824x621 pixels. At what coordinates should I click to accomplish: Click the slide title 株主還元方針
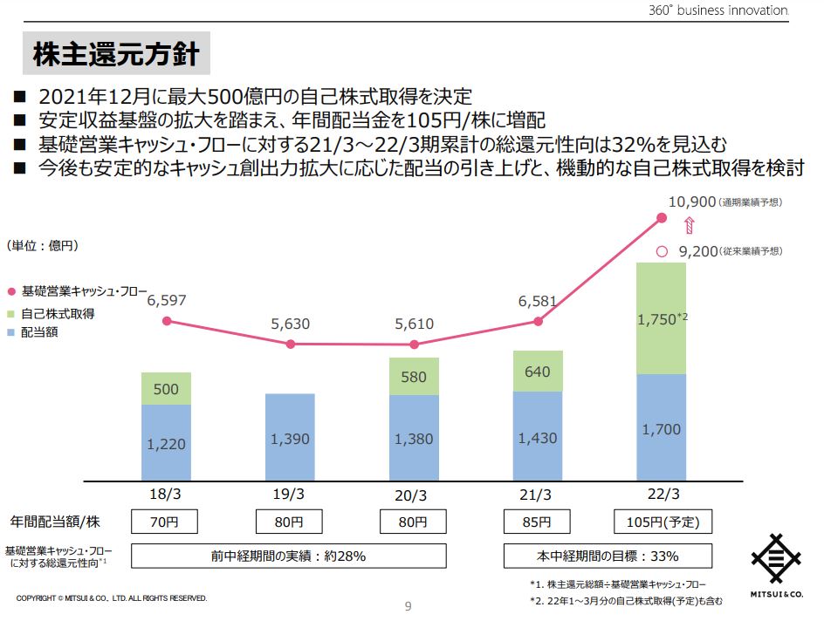pyautogui.click(x=116, y=54)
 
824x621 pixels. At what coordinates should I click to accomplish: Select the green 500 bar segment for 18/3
pyautogui.click(x=166, y=389)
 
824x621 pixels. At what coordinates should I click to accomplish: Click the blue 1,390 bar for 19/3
pyautogui.click(x=290, y=438)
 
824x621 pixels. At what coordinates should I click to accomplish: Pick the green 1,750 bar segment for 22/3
pyautogui.click(x=661, y=318)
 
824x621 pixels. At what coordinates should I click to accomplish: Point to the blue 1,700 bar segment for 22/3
pyautogui.click(x=661, y=428)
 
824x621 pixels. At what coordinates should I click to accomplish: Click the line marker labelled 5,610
pyautogui.click(x=414, y=344)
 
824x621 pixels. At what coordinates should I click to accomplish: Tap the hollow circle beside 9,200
pyautogui.click(x=661, y=251)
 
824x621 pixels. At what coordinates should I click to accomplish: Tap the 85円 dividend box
pyautogui.click(x=538, y=522)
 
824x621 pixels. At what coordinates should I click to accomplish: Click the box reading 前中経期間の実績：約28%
pyautogui.click(x=288, y=556)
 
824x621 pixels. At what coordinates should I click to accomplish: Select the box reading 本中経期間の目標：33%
pyautogui.click(x=608, y=556)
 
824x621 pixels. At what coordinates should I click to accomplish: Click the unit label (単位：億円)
pyautogui.click(x=43, y=246)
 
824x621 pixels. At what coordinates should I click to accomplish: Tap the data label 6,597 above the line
pyautogui.click(x=166, y=300)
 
